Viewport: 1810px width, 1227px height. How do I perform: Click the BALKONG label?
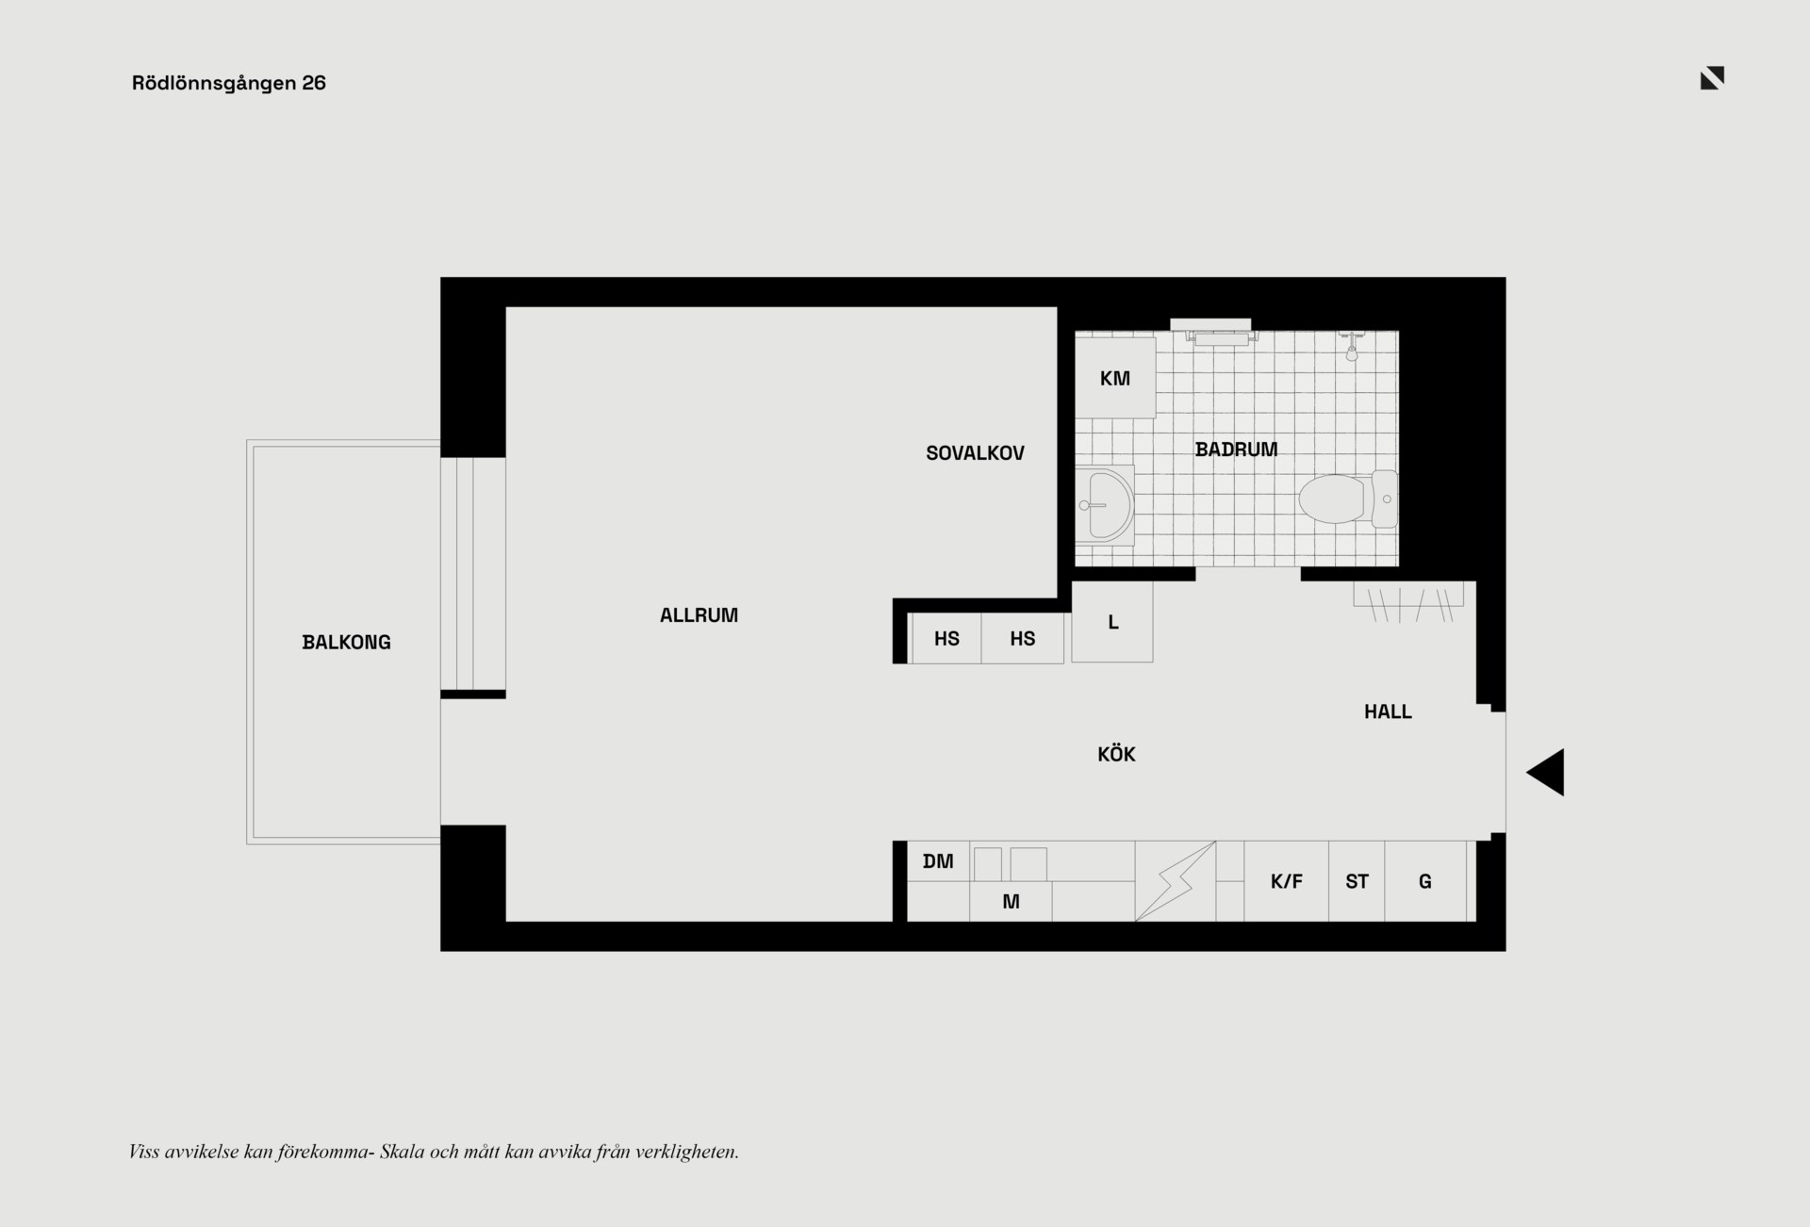346,643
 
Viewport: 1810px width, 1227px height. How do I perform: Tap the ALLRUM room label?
699,615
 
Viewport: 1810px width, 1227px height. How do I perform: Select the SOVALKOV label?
975,453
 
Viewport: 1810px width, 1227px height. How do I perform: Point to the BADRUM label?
1236,450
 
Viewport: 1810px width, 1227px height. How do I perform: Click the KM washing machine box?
1115,378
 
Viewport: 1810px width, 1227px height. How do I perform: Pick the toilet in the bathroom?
1348,498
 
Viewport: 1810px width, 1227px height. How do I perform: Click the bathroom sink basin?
1105,505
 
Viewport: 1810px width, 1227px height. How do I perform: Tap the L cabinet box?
1112,622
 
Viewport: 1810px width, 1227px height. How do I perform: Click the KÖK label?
1116,754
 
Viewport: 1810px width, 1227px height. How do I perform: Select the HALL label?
1388,712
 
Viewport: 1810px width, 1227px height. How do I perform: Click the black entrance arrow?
1546,773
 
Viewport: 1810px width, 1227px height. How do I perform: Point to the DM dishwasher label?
938,861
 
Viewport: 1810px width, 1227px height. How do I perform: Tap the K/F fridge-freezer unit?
1286,881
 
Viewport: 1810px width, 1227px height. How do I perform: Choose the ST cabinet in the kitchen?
1357,881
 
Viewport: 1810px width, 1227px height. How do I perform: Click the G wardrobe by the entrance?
1425,881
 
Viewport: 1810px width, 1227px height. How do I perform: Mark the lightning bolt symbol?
1176,881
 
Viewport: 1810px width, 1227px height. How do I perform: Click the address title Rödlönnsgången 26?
229,83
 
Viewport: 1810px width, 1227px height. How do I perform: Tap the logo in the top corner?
1712,78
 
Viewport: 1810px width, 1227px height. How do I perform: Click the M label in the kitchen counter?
1011,902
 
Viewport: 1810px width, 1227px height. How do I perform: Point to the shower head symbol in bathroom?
1352,347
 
